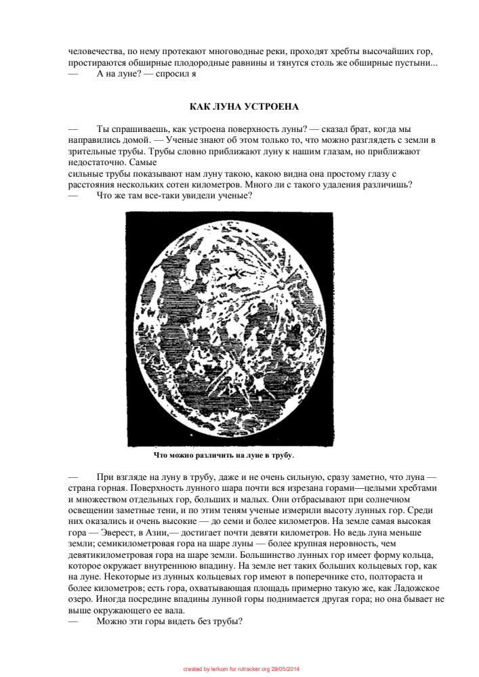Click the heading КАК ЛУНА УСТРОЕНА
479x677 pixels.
pyautogui.click(x=244, y=107)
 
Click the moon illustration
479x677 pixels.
pyautogui.click(x=229, y=328)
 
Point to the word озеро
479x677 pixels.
pyautogui.click(x=81, y=598)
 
